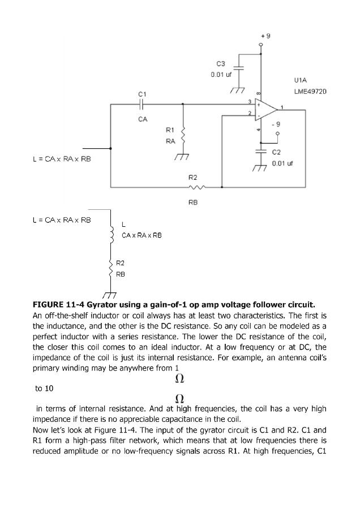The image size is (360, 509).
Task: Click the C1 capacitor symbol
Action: point(142,104)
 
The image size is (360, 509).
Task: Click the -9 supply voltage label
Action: point(276,124)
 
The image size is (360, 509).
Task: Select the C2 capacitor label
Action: point(277,153)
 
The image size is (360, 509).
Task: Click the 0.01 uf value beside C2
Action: point(282,163)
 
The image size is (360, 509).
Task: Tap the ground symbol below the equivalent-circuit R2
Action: point(109,294)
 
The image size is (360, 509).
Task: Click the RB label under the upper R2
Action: point(193,201)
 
